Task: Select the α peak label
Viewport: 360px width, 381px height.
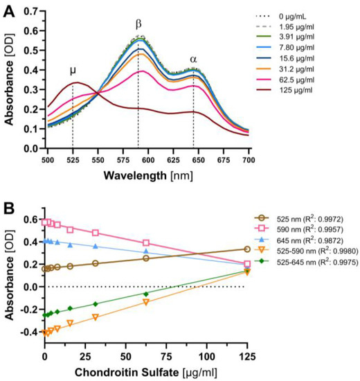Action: point(193,59)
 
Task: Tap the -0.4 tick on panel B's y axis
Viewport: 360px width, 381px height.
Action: point(31,332)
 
